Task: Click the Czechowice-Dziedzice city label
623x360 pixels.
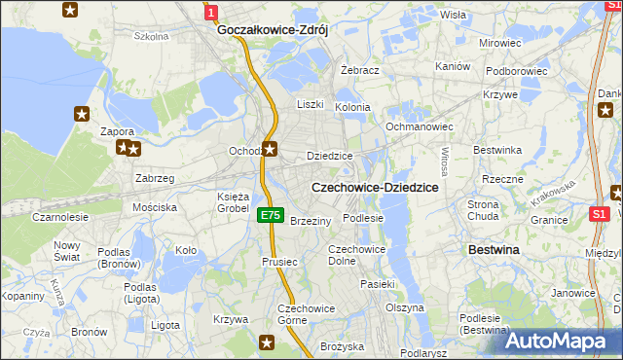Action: pos(374,187)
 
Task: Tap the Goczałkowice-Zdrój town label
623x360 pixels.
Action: pos(272,30)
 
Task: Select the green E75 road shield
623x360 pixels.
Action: pos(271,216)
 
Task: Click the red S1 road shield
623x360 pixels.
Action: pos(601,213)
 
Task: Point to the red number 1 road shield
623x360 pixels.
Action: pos(210,11)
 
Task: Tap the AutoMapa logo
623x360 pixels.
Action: pos(563,341)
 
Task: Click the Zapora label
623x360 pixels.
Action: pos(117,131)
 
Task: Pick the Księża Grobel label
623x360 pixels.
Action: pos(233,202)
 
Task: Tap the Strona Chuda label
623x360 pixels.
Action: pos(484,211)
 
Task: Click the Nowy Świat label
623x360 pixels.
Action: pos(66,251)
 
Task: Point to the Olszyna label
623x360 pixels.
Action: pos(405,307)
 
